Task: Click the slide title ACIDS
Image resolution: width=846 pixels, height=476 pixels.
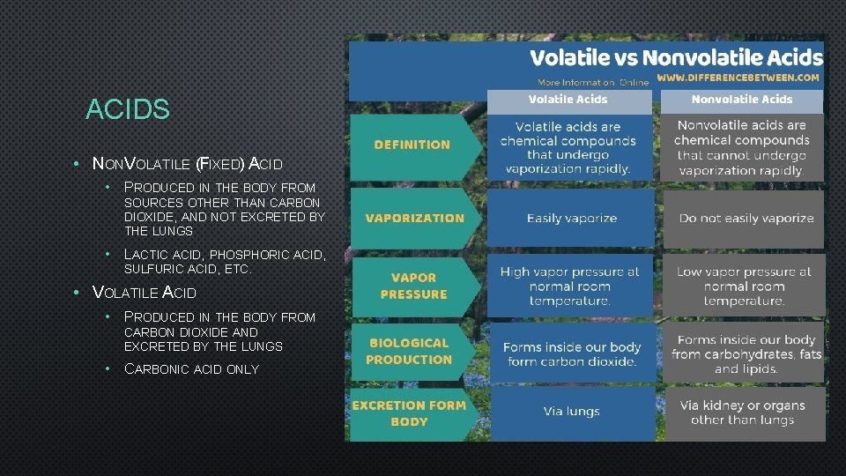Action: click(x=128, y=110)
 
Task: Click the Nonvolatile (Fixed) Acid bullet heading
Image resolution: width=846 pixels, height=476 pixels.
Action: click(x=187, y=163)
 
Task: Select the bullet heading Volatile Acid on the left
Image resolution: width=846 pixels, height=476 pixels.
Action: click(x=145, y=293)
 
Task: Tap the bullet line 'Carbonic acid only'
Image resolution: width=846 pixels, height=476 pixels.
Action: click(x=191, y=369)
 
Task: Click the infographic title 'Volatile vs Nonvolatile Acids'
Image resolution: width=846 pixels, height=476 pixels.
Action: click(x=675, y=58)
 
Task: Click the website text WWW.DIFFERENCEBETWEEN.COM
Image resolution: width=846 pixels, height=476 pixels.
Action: click(x=738, y=78)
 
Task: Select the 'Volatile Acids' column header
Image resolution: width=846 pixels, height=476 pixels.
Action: click(x=568, y=100)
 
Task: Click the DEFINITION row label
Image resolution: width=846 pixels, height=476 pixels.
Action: click(x=412, y=145)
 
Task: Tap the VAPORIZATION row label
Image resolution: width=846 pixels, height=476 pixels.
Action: click(x=414, y=218)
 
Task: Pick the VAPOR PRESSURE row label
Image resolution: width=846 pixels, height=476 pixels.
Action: click(x=413, y=286)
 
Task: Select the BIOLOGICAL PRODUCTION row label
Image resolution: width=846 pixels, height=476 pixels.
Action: click(x=409, y=352)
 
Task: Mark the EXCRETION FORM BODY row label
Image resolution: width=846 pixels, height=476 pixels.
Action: click(x=409, y=413)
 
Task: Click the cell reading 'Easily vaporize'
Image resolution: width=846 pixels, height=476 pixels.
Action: click(x=572, y=218)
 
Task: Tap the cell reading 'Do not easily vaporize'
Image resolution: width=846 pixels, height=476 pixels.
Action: click(x=746, y=218)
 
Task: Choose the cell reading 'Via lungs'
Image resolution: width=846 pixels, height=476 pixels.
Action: click(x=571, y=412)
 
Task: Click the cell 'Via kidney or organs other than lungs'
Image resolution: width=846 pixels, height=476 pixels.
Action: click(x=742, y=413)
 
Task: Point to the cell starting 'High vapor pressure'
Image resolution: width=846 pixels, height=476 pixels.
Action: click(x=569, y=286)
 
